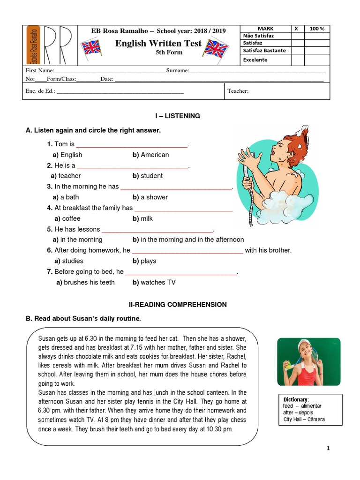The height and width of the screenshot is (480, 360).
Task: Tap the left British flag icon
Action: tap(91, 48)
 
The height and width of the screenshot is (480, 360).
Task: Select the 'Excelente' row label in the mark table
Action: tap(255, 60)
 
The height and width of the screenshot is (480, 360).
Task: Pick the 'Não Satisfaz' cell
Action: tap(258, 36)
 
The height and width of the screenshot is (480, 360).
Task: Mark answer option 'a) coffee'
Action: tap(67, 218)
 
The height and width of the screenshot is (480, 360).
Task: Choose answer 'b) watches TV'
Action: tap(154, 282)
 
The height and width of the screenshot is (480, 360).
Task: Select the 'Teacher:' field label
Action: tap(238, 91)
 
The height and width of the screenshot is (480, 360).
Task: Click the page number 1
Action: tap(328, 449)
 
